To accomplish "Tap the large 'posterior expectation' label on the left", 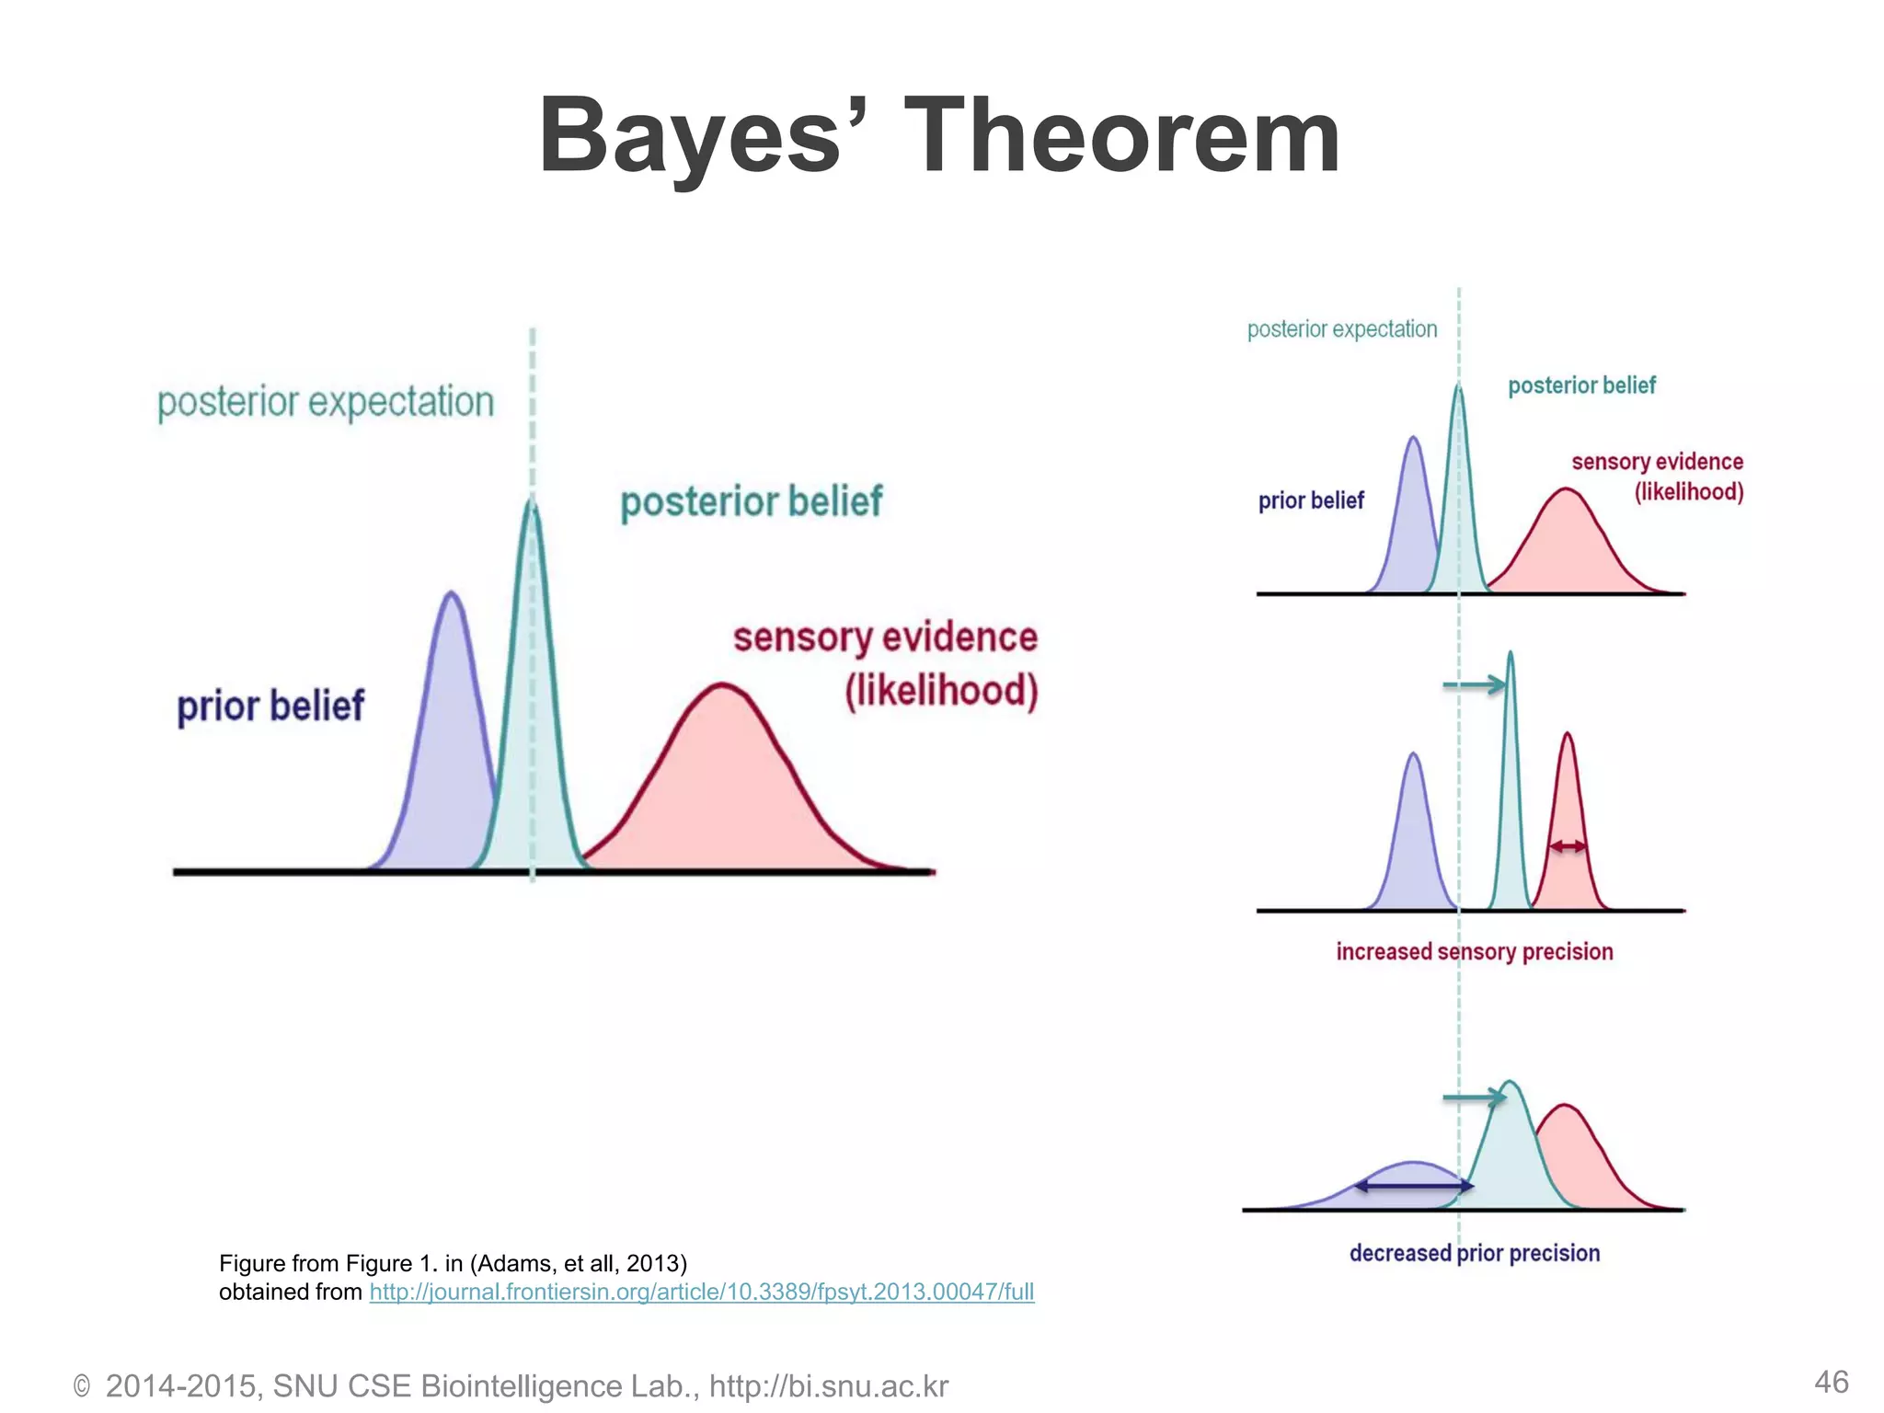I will (326, 402).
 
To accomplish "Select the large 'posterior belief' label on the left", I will (751, 502).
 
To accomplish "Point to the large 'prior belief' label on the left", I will (270, 706).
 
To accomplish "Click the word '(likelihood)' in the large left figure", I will (941, 690).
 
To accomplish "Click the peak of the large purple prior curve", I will (451, 593).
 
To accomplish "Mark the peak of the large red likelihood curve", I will (723, 684).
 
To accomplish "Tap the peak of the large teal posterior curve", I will (532, 501).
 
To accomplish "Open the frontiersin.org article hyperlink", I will (702, 1292).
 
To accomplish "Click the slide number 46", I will (1831, 1382).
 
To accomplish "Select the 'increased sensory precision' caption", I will (1474, 951).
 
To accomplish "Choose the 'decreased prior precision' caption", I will (1474, 1253).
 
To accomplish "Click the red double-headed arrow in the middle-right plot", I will (1568, 846).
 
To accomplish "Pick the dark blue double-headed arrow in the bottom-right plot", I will (1414, 1187).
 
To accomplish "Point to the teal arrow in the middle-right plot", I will (1474, 685).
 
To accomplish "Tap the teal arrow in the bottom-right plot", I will (1474, 1097).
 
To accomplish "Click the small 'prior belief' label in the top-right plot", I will (1311, 500).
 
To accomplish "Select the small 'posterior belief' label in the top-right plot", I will (1581, 385).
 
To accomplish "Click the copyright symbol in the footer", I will (82, 1386).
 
